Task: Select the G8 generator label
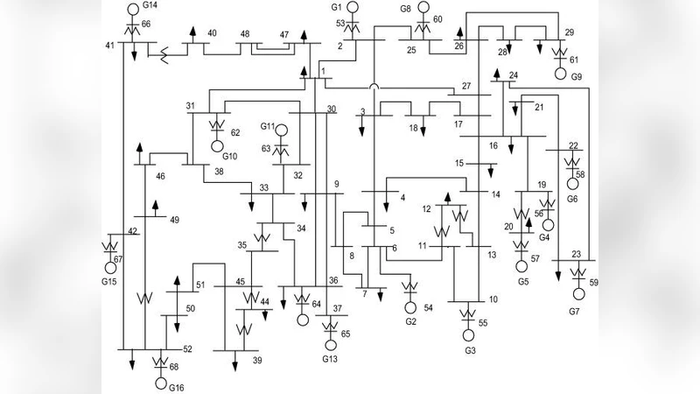tap(405, 8)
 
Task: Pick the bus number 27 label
tap(465, 85)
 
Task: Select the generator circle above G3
tap(468, 335)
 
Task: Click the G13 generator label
tap(329, 359)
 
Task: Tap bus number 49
tap(174, 219)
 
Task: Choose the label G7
tap(575, 312)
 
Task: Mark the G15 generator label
tap(108, 282)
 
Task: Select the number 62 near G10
tap(234, 134)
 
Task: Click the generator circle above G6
tap(574, 184)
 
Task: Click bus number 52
tap(187, 348)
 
